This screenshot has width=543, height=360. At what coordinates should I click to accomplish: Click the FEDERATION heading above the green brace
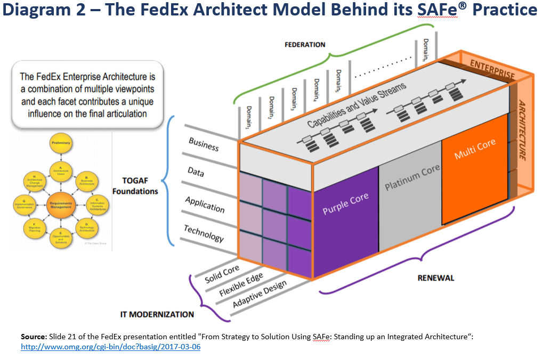(x=305, y=45)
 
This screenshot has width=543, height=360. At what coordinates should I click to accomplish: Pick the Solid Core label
(x=222, y=271)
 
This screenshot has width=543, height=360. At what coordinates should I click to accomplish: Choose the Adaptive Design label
(x=260, y=294)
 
